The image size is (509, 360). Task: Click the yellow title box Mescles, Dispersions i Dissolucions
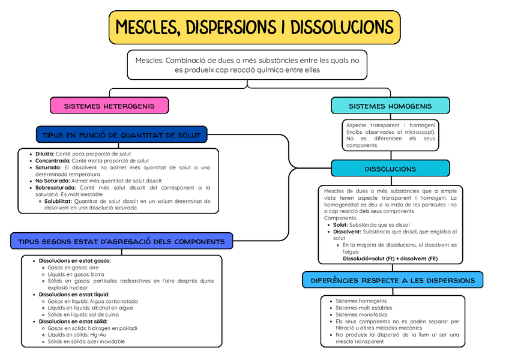254,27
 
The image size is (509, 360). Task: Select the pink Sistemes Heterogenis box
109,106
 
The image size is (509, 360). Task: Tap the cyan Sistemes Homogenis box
390,106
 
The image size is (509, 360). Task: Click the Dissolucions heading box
390,169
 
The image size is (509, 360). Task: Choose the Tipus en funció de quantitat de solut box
121,135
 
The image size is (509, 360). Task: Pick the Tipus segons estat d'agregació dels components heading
121,242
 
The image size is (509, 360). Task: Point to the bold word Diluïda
45,154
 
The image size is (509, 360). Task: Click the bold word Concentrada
53,161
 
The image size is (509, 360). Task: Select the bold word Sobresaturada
55,188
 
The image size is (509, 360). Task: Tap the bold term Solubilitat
58,201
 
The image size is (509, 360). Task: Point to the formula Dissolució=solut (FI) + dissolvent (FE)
390,259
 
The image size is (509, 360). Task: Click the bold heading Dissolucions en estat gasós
75,261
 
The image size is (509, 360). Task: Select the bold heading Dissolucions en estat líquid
74,295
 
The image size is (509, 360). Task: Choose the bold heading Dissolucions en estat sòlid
73,322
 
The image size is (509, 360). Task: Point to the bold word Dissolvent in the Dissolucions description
348,232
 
